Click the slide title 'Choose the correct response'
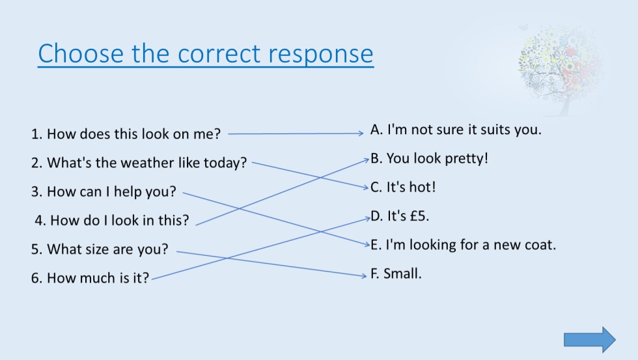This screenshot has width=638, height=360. click(206, 54)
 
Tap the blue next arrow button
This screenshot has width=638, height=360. click(589, 340)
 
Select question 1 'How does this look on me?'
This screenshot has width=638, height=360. click(126, 134)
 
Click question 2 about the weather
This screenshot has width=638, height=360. click(139, 163)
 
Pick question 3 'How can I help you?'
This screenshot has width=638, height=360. click(104, 192)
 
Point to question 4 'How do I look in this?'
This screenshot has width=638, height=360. click(112, 220)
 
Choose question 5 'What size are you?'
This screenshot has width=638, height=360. click(100, 249)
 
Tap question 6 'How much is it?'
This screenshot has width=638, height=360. click(90, 278)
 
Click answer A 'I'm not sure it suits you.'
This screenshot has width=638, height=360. click(456, 130)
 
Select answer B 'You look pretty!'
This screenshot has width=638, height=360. click(429, 158)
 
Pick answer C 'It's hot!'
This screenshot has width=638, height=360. click(403, 187)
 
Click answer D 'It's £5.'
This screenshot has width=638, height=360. click(400, 216)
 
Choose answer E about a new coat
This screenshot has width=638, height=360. click(463, 245)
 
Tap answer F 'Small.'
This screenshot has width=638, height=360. click(396, 274)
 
